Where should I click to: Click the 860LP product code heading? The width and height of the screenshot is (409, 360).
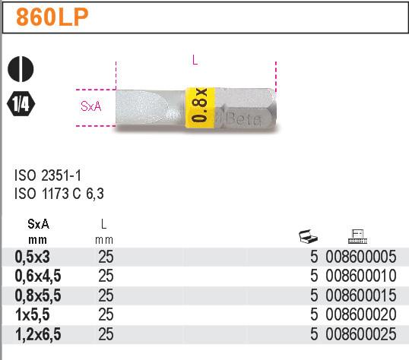click(51, 17)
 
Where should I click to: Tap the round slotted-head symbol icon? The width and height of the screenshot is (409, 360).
click(20, 70)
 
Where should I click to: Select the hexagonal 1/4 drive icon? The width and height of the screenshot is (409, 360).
click(20, 103)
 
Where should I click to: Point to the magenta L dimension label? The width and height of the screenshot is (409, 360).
click(195, 62)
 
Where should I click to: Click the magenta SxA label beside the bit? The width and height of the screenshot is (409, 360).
click(90, 106)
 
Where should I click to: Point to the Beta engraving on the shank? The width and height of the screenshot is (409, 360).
click(242, 119)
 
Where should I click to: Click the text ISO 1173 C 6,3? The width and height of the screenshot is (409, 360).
click(59, 194)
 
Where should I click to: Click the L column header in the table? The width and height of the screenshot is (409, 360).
click(106, 224)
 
